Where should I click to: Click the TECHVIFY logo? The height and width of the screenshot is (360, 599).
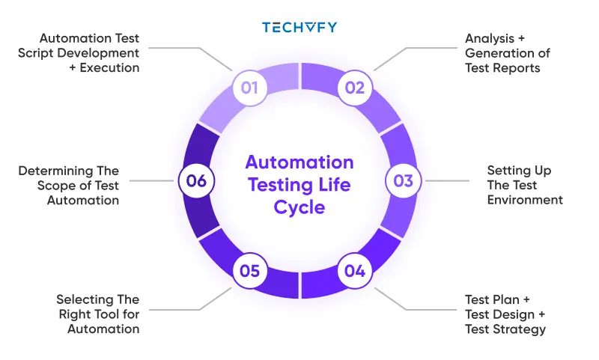pyautogui.click(x=299, y=28)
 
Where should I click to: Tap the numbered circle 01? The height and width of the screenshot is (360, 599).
pyautogui.click(x=249, y=88)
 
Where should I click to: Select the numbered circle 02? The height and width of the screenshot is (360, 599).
pyautogui.click(x=354, y=88)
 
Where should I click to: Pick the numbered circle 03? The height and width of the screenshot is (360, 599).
pyautogui.click(x=404, y=180)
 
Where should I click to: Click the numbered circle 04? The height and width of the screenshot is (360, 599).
pyautogui.click(x=354, y=271)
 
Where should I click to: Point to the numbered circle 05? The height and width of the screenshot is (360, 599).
pyautogui.click(x=249, y=271)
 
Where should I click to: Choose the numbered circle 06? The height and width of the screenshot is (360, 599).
pyautogui.click(x=196, y=180)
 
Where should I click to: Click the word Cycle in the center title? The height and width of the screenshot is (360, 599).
pyautogui.click(x=299, y=207)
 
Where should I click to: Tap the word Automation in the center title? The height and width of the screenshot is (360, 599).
pyautogui.click(x=299, y=162)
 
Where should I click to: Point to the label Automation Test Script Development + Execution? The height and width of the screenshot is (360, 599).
pyautogui.click(x=89, y=52)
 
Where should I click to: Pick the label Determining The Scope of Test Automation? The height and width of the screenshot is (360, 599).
pyautogui.click(x=69, y=186)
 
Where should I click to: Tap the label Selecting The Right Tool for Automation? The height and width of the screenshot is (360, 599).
pyautogui.click(x=97, y=314)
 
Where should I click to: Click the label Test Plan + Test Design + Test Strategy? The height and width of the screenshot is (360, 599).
pyautogui.click(x=505, y=314)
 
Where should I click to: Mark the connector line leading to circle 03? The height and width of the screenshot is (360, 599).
pyautogui.click(x=446, y=180)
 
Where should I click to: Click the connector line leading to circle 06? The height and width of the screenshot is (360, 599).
pyautogui.click(x=153, y=180)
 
